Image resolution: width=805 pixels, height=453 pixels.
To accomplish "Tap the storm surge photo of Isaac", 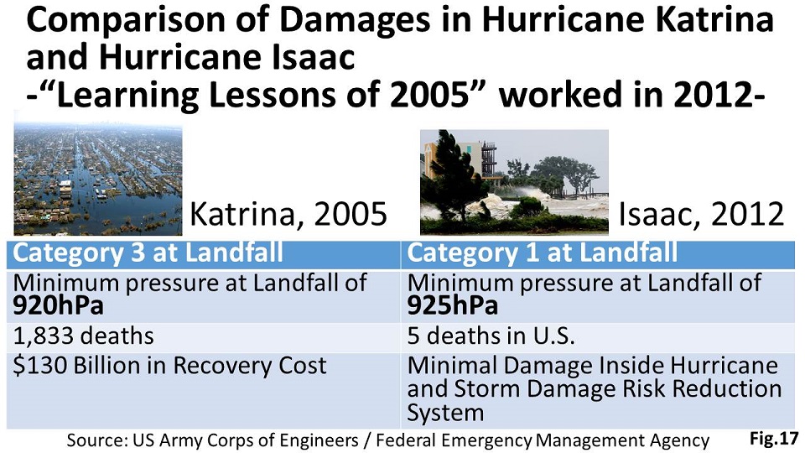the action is coord(514,182).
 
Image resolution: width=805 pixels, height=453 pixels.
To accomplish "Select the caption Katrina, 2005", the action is coord(288,214).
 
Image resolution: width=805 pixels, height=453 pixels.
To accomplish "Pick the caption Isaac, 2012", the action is coord(702,214).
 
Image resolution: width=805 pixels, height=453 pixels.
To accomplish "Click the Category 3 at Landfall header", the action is coord(148,253).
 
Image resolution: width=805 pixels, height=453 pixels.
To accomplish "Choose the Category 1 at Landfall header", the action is coord(543,253).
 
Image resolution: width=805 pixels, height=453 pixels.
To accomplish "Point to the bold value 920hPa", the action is coord(58,306).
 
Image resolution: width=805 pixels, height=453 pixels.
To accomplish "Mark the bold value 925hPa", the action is coord(452,306).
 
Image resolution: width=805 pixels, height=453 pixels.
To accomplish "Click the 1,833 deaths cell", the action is coord(83,336).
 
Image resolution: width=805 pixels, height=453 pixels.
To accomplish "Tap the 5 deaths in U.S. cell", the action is coord(491,336).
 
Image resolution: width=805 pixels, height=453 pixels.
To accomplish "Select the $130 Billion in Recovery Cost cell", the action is coord(169,366).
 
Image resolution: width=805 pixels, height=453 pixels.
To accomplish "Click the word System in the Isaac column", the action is coord(445,413).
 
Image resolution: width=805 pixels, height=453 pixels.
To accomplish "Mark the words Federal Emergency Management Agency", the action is coord(543,440).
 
